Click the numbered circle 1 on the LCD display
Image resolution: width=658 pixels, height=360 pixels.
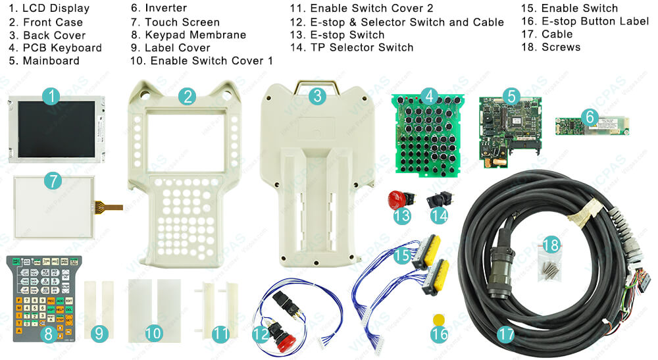coord(52,97)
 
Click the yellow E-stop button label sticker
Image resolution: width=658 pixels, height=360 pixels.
coord(440,319)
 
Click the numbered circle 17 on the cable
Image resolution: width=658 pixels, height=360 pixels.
coord(505,334)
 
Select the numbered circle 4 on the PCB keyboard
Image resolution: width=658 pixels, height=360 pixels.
coord(429,97)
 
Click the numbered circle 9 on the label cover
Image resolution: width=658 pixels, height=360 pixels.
coord(99,334)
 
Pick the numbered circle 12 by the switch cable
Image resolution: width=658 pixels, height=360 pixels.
coord(261,334)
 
